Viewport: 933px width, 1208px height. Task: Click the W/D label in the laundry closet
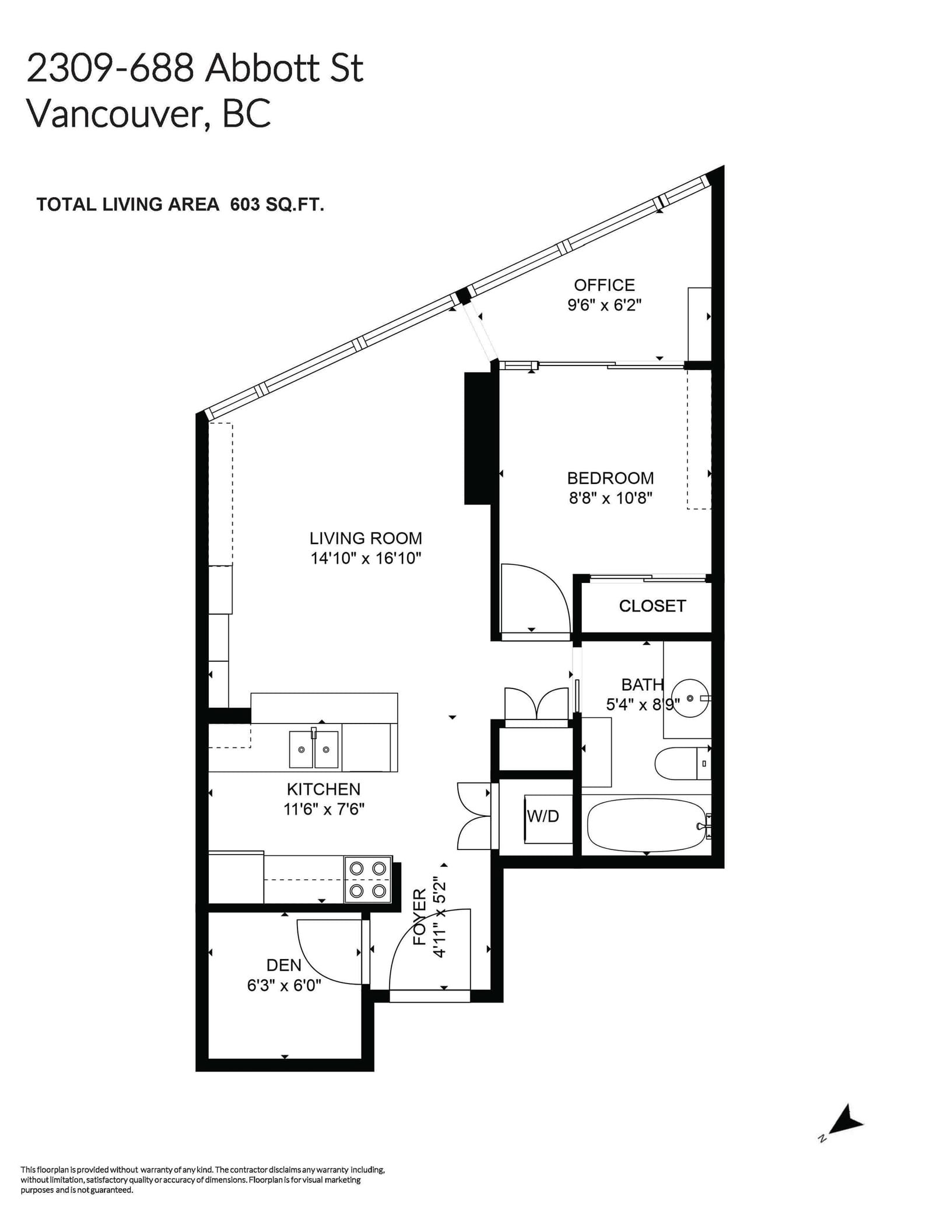(542, 816)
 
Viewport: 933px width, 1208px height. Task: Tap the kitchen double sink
(314, 749)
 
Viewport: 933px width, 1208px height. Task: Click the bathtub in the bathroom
(646, 824)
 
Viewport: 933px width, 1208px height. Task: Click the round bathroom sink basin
(690, 698)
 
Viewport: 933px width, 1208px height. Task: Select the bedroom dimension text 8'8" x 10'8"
(610, 498)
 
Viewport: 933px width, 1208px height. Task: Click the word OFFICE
(604, 285)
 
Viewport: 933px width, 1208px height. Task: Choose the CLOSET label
(652, 606)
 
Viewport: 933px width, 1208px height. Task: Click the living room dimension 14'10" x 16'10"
(366, 559)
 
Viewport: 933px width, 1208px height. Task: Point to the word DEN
(284, 965)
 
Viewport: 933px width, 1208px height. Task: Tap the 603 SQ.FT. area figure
(277, 205)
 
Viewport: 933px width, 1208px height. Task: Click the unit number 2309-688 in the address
(110, 68)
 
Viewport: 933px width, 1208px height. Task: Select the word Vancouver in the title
(114, 113)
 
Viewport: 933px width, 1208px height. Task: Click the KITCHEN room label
(323, 789)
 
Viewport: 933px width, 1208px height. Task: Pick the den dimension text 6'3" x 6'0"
(284, 985)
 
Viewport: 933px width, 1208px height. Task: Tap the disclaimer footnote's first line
(202, 1170)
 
